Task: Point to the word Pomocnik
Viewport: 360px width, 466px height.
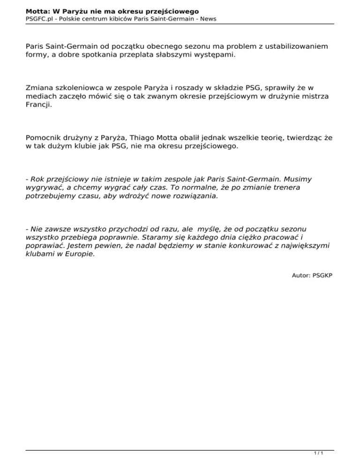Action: (45, 138)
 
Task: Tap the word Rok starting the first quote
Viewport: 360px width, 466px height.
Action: (38, 179)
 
